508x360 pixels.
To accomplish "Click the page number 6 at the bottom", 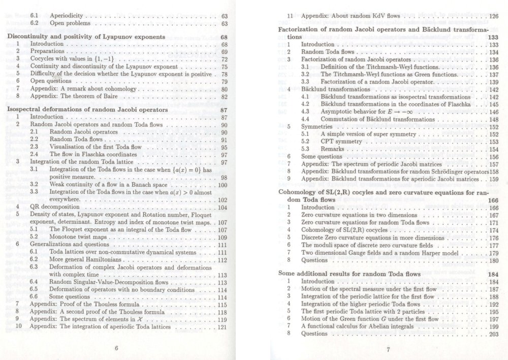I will pyautogui.click(x=116, y=348).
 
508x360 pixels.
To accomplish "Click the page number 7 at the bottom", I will pyautogui.click(x=388, y=349).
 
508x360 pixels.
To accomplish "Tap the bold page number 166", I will pyautogui.click(x=493, y=200).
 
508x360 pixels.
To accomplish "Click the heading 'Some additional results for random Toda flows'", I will pyautogui.click(x=355, y=273).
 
